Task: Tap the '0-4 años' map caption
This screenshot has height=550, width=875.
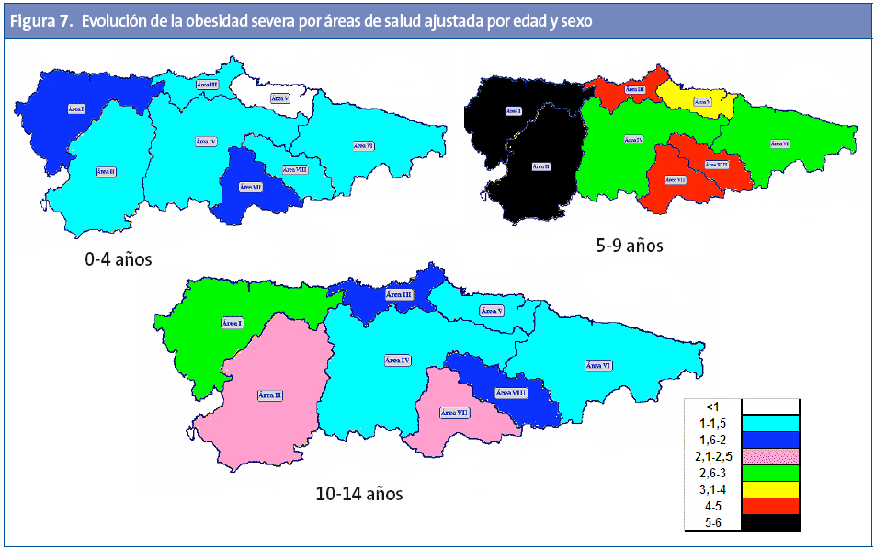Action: click(119, 260)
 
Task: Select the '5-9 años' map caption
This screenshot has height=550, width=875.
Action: click(630, 246)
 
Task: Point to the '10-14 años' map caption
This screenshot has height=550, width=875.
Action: click(358, 494)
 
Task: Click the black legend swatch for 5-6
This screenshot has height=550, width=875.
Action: click(770, 522)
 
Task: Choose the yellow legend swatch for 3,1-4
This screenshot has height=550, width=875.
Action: click(770, 489)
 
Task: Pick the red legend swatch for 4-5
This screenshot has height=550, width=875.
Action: click(770, 506)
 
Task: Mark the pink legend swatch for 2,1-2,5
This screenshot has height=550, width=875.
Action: click(770, 456)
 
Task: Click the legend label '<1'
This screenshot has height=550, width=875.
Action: click(712, 407)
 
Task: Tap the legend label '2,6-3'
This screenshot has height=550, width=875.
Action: click(712, 473)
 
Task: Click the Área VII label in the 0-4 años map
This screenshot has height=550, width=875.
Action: click(250, 186)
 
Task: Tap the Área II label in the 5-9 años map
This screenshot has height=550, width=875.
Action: click(541, 166)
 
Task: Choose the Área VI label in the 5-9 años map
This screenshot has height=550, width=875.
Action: click(779, 143)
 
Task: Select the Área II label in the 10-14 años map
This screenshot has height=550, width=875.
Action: click(270, 395)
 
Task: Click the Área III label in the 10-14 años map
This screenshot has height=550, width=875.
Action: click(398, 294)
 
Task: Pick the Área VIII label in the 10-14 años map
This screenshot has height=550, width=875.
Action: click(511, 393)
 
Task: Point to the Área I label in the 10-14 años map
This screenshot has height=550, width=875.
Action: click(233, 323)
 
